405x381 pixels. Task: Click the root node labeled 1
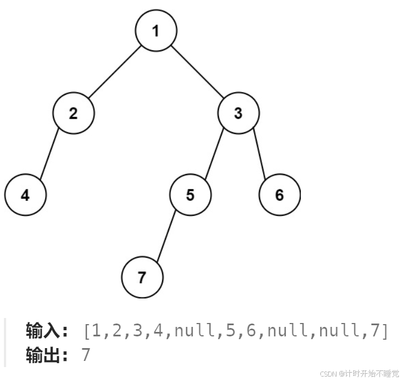(156, 31)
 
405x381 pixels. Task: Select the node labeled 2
(74, 113)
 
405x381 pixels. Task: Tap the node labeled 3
(238, 113)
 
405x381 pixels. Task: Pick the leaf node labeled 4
(25, 195)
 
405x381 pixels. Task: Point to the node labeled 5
(191, 195)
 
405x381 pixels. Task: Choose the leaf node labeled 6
(279, 195)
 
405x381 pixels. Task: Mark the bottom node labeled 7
(141, 277)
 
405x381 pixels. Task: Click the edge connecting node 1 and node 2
(115, 72)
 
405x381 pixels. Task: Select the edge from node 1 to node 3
(197, 72)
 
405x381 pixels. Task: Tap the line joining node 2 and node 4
(50, 154)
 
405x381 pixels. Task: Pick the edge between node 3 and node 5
(214, 154)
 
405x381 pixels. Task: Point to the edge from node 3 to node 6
(258, 154)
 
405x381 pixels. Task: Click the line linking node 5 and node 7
(166, 236)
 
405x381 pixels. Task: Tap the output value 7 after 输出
(86, 355)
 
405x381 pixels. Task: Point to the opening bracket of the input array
(87, 331)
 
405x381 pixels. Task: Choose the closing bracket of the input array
(383, 331)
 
